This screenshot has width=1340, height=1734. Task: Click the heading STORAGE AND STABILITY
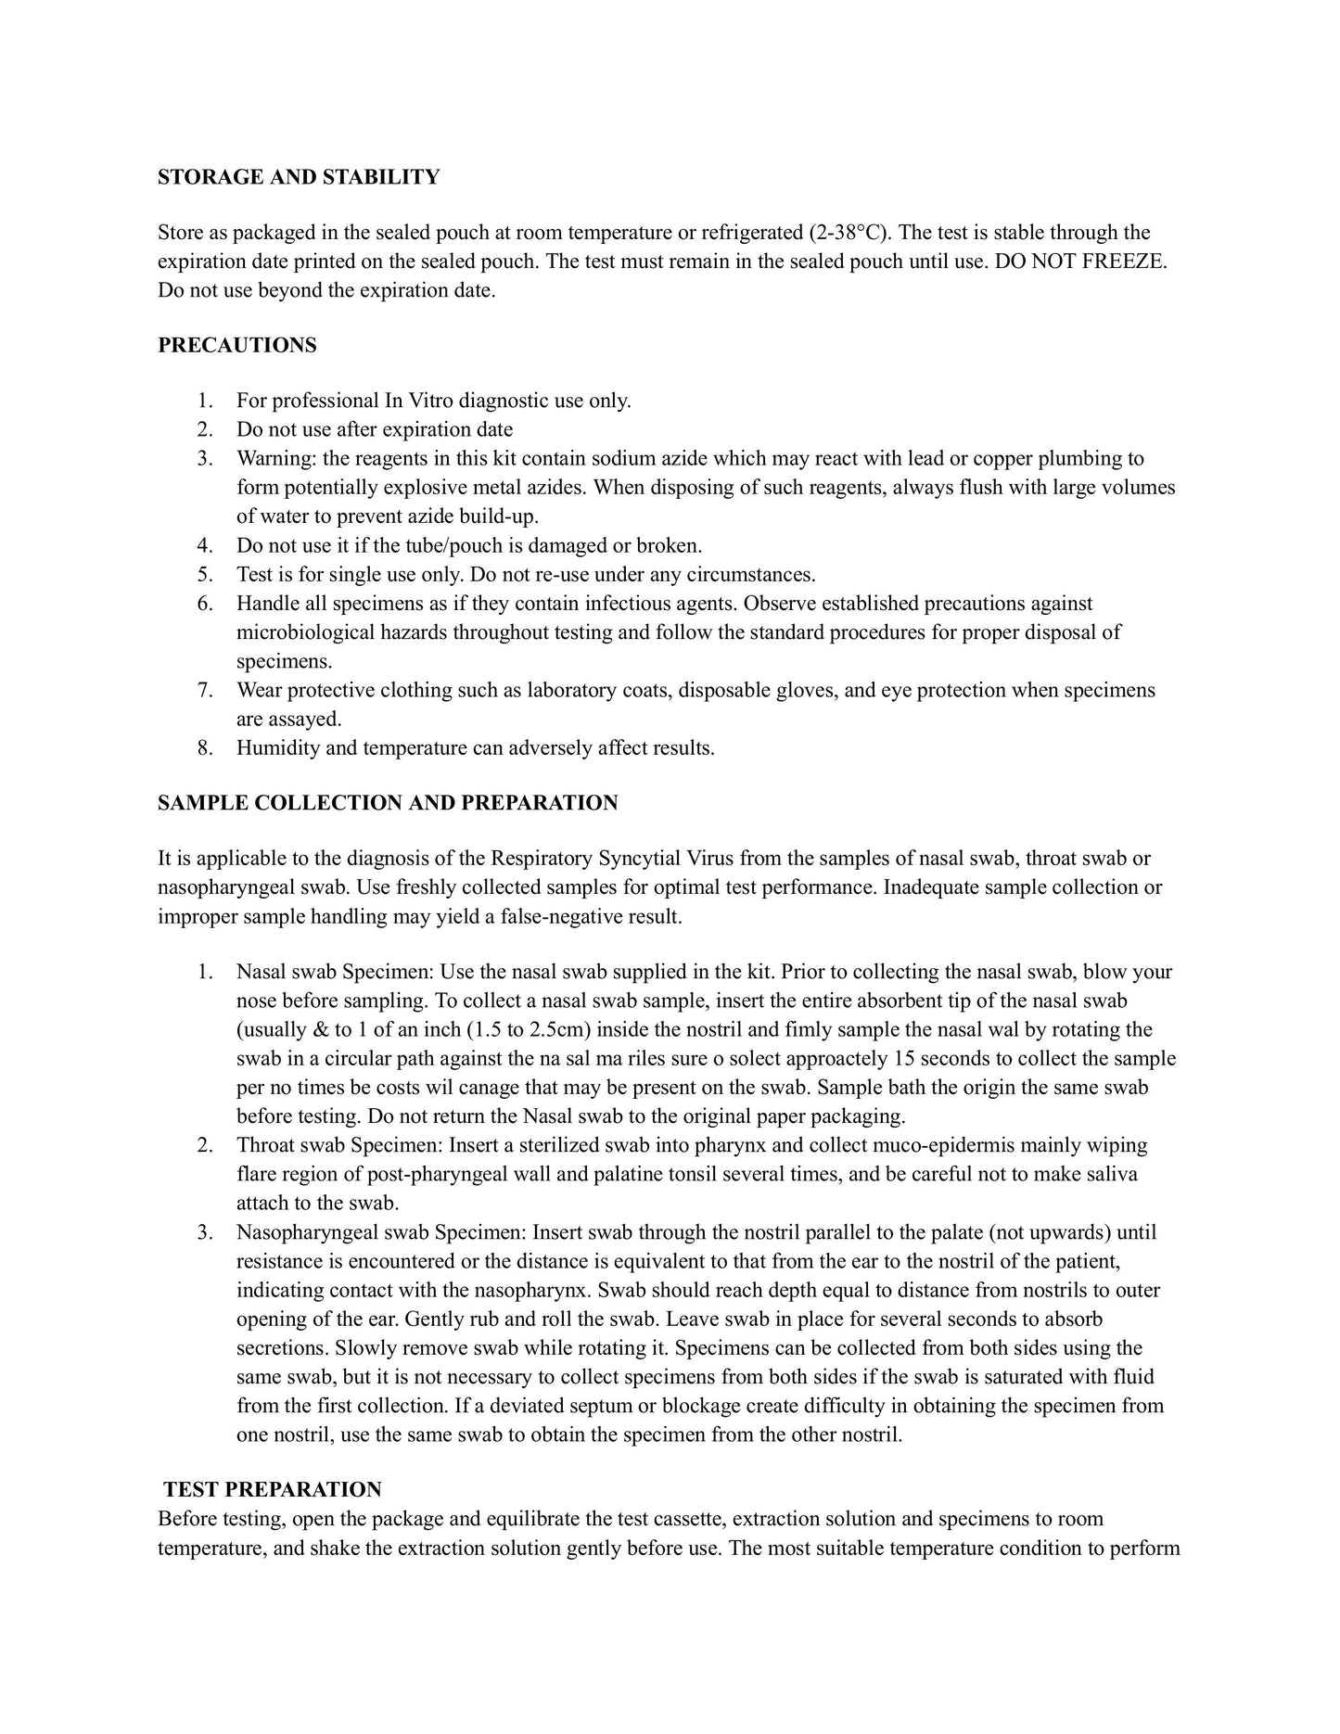299,177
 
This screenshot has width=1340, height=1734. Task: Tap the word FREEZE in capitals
1125,261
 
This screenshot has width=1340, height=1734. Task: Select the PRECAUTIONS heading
236,346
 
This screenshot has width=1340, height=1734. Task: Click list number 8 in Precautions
205,748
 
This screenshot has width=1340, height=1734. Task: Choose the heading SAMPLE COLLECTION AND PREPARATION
388,803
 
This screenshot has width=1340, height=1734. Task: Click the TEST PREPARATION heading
273,1490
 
